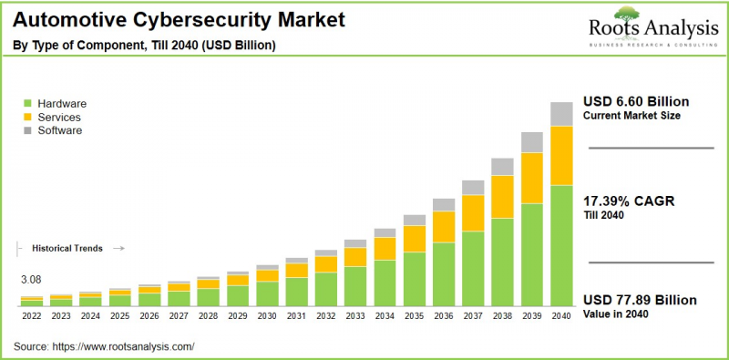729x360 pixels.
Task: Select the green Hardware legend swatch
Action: coord(27,104)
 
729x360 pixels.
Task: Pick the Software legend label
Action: coord(60,130)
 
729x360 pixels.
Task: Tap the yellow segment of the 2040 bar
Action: coord(561,155)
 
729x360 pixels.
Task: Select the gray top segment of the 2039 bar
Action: coord(532,142)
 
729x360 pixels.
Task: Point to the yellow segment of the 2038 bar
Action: coord(502,196)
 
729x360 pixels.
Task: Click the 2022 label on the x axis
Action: coord(31,314)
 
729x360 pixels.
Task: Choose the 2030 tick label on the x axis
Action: coord(267,314)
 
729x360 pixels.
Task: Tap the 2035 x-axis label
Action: coord(415,314)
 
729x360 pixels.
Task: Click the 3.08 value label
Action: coord(31,280)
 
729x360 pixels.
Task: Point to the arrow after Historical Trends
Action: coord(118,248)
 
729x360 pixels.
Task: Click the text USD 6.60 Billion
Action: coord(635,101)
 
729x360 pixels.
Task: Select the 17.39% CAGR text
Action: coord(628,201)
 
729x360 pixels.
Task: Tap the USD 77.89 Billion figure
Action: coord(639,300)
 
